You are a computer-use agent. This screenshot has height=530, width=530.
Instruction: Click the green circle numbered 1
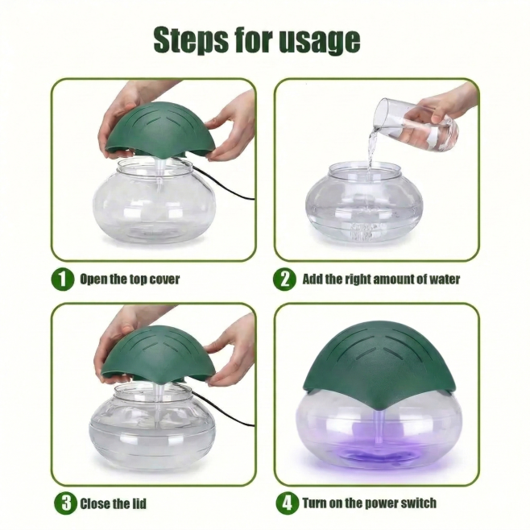(63, 279)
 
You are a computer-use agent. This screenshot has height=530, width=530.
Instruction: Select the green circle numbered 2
(285, 279)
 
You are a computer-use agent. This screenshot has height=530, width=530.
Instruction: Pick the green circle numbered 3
(65, 503)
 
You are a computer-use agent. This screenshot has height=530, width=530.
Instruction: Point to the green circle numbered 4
(288, 503)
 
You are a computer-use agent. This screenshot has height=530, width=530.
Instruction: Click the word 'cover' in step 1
(164, 279)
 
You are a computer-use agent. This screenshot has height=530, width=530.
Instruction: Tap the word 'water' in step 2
(445, 279)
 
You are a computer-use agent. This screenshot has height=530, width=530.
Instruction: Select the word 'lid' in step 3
(139, 503)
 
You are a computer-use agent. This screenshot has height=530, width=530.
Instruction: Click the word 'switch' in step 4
(419, 503)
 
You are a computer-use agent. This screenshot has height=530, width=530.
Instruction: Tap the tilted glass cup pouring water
(413, 124)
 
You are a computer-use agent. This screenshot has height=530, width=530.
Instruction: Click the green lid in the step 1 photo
(161, 130)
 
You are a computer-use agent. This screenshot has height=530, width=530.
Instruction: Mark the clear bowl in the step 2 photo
(364, 203)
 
